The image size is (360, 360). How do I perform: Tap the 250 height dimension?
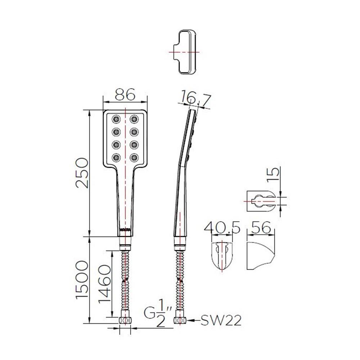click(x=82, y=173)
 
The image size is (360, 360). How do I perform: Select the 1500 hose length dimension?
click(x=82, y=279)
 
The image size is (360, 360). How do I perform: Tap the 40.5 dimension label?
click(x=222, y=228)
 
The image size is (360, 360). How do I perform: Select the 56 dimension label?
click(x=261, y=228)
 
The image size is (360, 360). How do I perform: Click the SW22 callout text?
click(x=221, y=320)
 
